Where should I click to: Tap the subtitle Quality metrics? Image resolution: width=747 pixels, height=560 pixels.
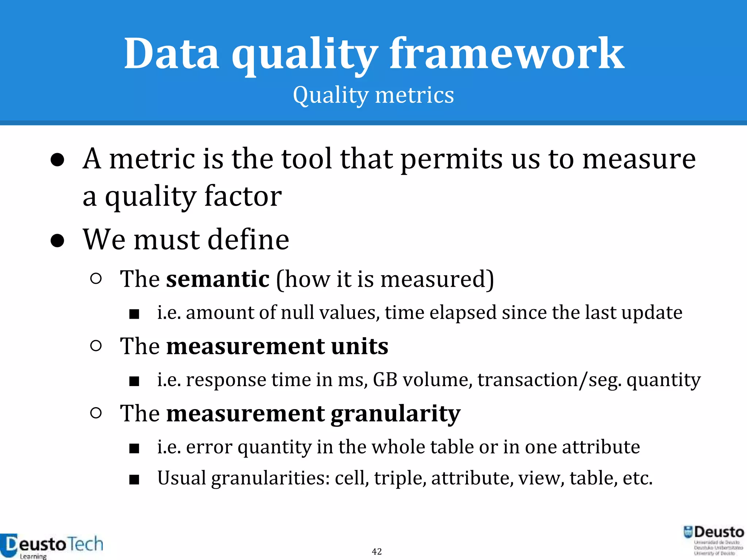[373, 96]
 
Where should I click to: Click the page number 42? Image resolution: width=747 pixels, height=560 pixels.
[377, 552]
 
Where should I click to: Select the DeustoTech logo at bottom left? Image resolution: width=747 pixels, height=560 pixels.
[51, 546]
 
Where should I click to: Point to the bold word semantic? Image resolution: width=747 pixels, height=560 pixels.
[218, 279]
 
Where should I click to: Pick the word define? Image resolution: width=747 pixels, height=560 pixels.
[248, 240]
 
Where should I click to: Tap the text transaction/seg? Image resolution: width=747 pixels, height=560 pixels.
[549, 380]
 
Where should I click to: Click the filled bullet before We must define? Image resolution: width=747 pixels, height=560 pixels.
[58, 241]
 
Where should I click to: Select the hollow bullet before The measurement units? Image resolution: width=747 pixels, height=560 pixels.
[96, 346]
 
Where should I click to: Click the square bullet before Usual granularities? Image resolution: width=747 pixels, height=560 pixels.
[134, 479]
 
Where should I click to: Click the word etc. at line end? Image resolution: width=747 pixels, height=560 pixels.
[637, 478]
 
